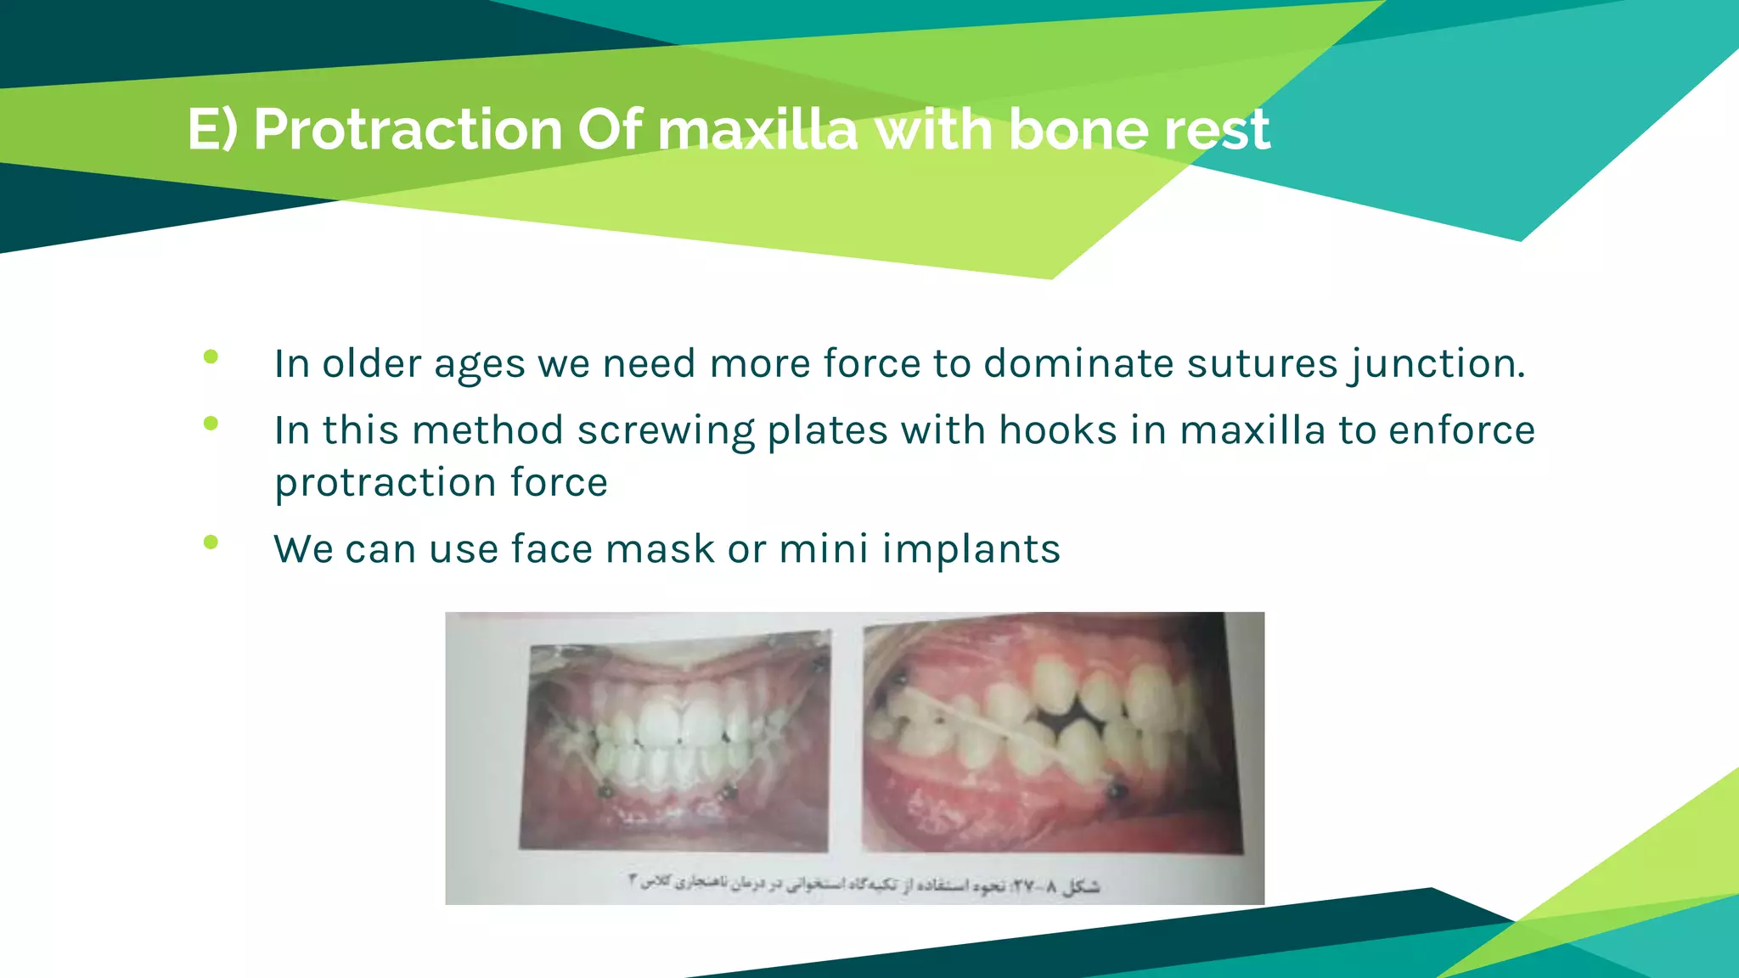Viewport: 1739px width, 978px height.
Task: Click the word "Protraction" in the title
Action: click(408, 130)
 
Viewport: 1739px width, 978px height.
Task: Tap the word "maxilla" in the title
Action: click(757, 130)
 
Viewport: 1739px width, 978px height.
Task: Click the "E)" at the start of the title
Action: click(213, 130)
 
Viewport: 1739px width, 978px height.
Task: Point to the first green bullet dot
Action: click(211, 357)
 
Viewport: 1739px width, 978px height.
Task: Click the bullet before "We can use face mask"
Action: click(211, 542)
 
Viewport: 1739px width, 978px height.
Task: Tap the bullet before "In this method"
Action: click(211, 424)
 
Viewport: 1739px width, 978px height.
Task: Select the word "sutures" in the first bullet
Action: click(1262, 363)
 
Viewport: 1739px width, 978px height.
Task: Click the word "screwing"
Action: click(666, 431)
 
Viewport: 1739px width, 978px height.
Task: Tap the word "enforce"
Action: click(1461, 430)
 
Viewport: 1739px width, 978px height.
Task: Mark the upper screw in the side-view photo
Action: click(901, 678)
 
